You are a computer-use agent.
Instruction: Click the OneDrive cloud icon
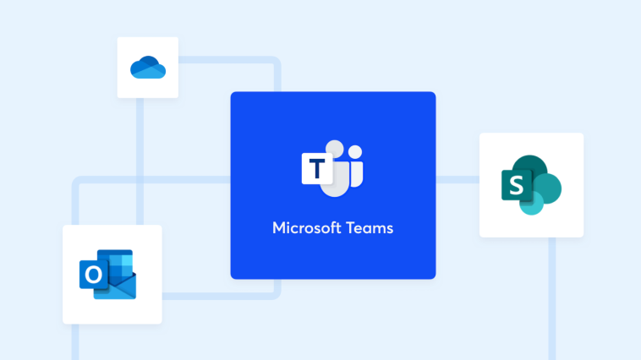(148, 67)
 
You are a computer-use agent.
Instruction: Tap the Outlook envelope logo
(108, 274)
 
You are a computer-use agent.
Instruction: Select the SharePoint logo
(531, 185)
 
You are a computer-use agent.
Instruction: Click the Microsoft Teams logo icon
(332, 168)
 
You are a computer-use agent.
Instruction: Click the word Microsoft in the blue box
(307, 228)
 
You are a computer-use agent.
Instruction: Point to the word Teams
(370, 228)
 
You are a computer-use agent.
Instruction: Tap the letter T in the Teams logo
(317, 168)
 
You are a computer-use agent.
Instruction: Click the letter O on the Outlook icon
(94, 274)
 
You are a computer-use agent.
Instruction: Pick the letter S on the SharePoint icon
(517, 186)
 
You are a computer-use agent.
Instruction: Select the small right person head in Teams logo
(355, 152)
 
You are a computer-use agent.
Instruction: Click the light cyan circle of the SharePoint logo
(532, 204)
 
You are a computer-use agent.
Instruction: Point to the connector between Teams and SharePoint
(457, 180)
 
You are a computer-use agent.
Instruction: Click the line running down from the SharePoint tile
(552, 298)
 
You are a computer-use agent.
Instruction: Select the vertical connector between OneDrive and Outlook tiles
(140, 161)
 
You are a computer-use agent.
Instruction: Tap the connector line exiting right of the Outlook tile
(222, 295)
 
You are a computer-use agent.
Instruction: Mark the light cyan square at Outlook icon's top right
(127, 260)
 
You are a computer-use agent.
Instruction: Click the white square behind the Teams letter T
(317, 168)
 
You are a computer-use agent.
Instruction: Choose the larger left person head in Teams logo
(335, 149)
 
